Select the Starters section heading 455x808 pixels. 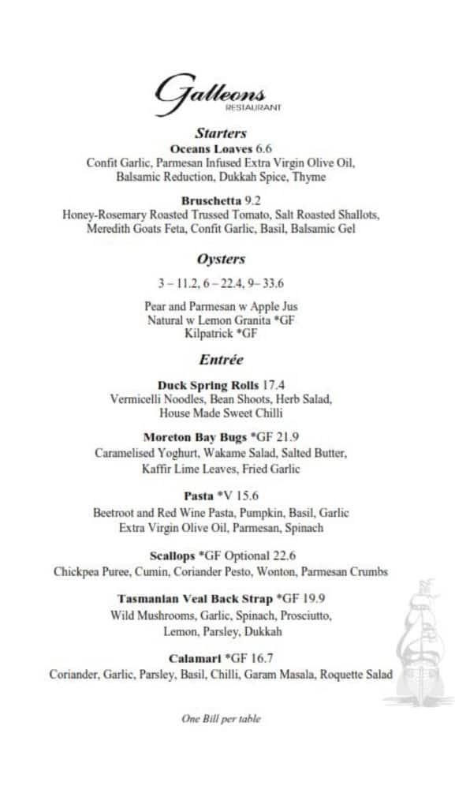(221, 133)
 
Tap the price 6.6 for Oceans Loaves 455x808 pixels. (263, 148)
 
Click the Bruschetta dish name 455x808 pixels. (211, 200)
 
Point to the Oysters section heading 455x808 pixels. (221, 259)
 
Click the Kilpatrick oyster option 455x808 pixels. (221, 335)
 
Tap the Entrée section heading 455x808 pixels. (221, 360)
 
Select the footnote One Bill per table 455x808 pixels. (221, 719)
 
